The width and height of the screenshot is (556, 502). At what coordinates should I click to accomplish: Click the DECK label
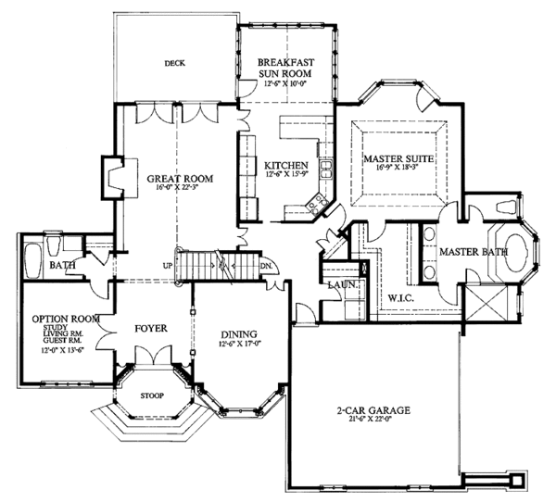[175, 64]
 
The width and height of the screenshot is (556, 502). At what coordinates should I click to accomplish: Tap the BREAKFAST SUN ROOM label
[286, 69]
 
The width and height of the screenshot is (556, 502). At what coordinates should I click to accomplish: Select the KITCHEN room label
[286, 165]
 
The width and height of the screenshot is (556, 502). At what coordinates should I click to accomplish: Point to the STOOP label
[150, 395]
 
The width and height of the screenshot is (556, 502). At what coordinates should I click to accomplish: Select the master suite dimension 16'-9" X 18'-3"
[399, 169]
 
